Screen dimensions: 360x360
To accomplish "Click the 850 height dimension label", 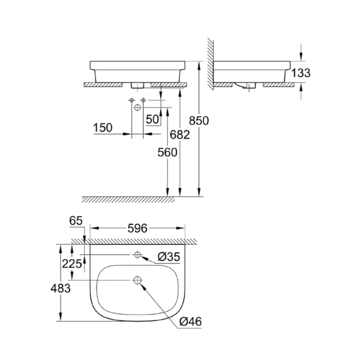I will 199,120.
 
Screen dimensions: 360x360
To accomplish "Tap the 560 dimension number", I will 167,152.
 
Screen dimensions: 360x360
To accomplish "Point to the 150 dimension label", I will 102,128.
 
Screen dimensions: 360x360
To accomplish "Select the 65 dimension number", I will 75,221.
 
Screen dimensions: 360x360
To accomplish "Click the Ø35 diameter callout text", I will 169,257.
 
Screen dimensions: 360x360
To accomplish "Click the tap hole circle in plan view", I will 138,255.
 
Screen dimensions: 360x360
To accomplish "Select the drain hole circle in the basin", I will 137,280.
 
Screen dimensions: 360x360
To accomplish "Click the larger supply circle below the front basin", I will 137,107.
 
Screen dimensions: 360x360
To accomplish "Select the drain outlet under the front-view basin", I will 138,85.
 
